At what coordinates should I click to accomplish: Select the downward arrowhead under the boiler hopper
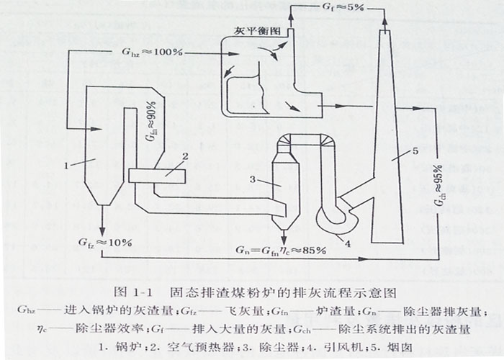click(x=102, y=228)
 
